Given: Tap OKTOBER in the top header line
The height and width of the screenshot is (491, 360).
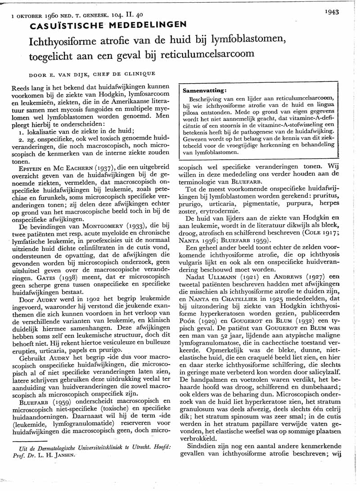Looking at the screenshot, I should [x=30, y=16].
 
